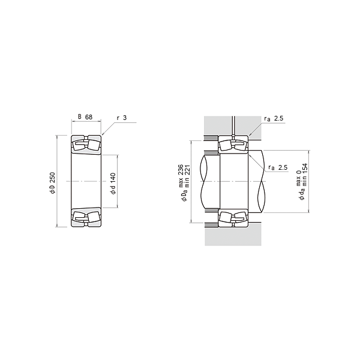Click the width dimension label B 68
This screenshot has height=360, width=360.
tap(85, 117)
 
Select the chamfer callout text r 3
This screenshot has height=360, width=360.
tap(121, 117)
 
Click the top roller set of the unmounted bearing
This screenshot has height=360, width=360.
tap(86, 145)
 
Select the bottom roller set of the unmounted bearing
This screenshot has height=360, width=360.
tap(86, 217)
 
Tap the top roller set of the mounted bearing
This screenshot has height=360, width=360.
tap(232, 145)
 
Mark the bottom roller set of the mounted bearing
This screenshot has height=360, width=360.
tap(232, 217)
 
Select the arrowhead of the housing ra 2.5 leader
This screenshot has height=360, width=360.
tap(247, 137)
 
